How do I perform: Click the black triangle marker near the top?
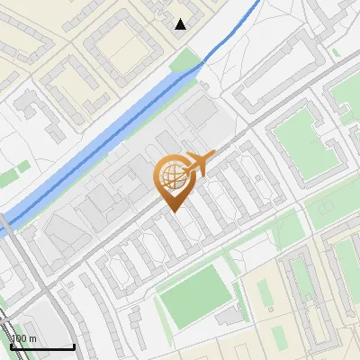click(x=181, y=24)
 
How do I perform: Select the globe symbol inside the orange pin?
click(x=172, y=178)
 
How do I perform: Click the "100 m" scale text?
click(x=23, y=338)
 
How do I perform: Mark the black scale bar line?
click(x=41, y=346)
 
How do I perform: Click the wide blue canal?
click(x=117, y=126)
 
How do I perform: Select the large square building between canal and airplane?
click(x=202, y=113)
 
